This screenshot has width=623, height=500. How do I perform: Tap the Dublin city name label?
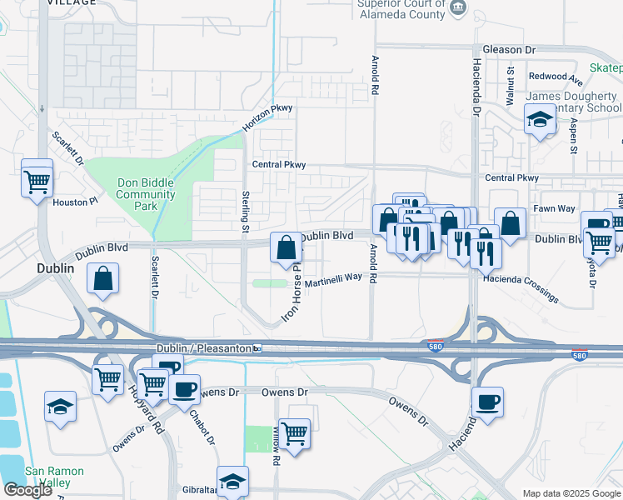coord(57,269)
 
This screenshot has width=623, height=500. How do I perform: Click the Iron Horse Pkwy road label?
coord(292,297)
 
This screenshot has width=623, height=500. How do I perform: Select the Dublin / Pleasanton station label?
coord(204,347)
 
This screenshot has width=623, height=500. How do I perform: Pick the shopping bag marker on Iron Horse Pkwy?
coord(286,247)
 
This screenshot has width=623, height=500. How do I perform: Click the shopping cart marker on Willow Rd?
coord(294,433)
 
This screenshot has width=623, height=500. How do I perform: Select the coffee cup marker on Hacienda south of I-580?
coord(487,402)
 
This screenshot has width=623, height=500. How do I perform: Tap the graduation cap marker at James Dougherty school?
coord(540,121)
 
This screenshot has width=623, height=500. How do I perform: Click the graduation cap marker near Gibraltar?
coord(232,481)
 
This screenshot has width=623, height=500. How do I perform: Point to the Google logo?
coord(27,490)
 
